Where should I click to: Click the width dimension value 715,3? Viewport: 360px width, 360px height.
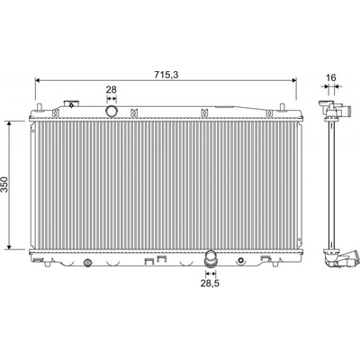pyautogui.click(x=166, y=75)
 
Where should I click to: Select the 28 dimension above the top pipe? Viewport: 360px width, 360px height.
pyautogui.click(x=112, y=90)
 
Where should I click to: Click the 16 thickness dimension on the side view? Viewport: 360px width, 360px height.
pyautogui.click(x=331, y=77)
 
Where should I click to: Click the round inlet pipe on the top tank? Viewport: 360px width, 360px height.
pyautogui.click(x=112, y=111)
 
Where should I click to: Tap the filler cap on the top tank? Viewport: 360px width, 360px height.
pyautogui.click(x=71, y=103)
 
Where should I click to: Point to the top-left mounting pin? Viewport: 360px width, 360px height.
pyautogui.click(x=39, y=107)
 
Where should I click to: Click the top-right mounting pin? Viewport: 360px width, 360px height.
pyautogui.click(x=282, y=107)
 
